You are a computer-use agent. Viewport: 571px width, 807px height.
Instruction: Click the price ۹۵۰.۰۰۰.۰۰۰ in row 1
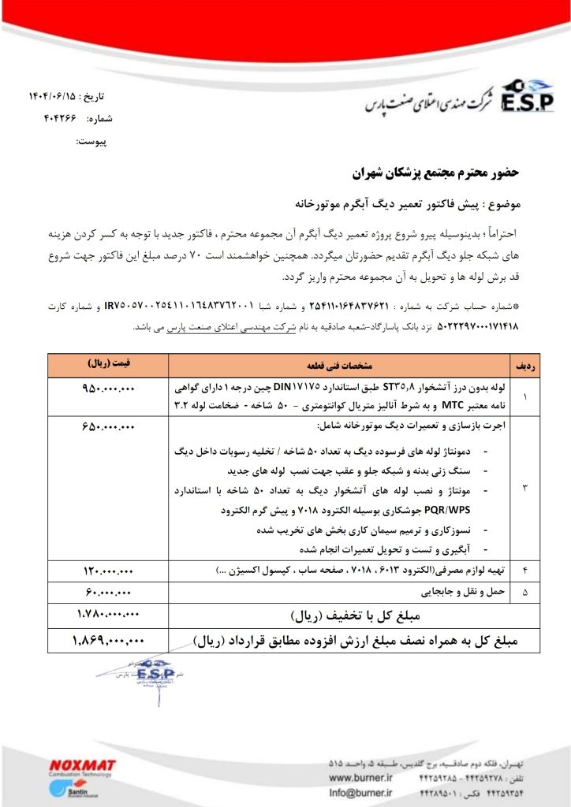point(109,389)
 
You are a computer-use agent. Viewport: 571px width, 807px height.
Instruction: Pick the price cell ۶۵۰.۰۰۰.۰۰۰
point(109,426)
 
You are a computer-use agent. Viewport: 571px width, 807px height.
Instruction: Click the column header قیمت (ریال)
point(109,366)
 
